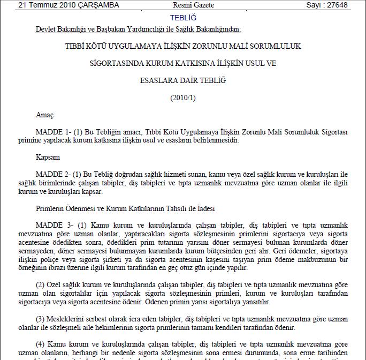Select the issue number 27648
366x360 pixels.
click(341, 5)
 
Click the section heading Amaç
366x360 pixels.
click(45, 115)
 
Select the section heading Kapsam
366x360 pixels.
click(48, 158)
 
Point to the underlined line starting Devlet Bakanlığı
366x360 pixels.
click(138, 29)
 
